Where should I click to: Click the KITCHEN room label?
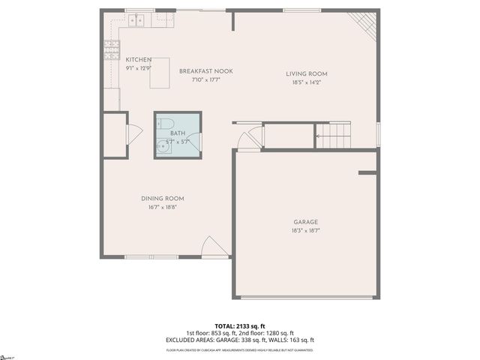[139, 60]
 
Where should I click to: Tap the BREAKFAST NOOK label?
[206, 71]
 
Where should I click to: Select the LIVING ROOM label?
[307, 73]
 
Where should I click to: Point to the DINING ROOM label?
[163, 198]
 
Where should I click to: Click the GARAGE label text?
[306, 222]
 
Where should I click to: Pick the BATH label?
[178, 132]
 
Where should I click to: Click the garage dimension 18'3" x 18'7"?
[306, 232]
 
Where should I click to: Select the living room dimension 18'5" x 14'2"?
[307, 83]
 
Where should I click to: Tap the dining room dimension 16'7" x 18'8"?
[163, 208]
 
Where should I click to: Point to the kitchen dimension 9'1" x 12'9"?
[139, 68]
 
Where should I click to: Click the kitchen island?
[160, 73]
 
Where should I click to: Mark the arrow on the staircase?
[319, 136]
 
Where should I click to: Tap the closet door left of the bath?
[133, 134]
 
